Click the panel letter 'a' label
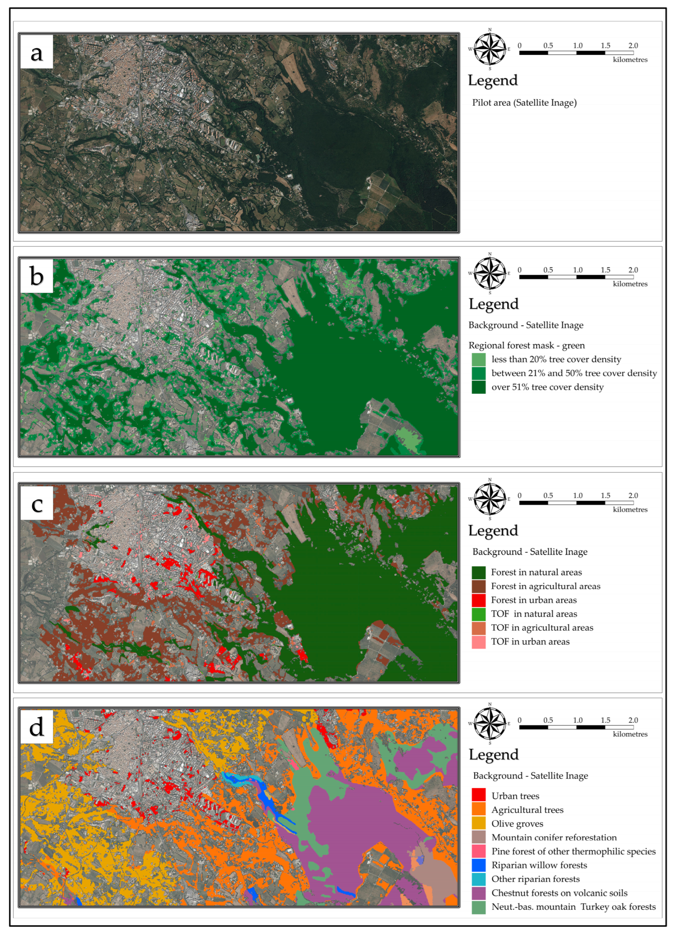click(x=37, y=52)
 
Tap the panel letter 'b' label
click(x=37, y=276)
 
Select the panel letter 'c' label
click(x=37, y=503)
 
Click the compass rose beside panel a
click(x=490, y=49)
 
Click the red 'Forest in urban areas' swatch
click(x=479, y=600)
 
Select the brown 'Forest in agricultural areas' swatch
click(x=479, y=586)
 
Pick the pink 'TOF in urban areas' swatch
click(x=479, y=642)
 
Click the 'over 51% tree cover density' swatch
click(x=479, y=387)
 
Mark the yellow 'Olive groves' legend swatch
click(x=479, y=823)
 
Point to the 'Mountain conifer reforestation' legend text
click(x=554, y=837)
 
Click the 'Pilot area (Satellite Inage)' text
click(x=524, y=103)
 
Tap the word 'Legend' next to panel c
click(x=493, y=531)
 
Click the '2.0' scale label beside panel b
click(x=633, y=270)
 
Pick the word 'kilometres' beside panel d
click(x=630, y=734)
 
